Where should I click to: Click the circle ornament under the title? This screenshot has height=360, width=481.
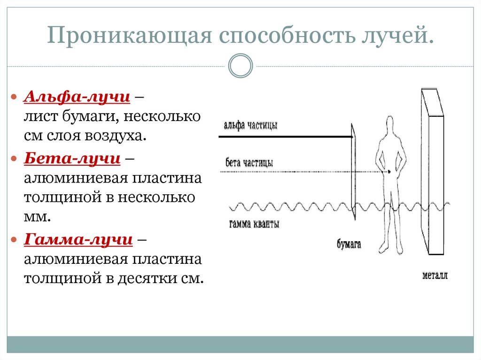(x=240, y=65)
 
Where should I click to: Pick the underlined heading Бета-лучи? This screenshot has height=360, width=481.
(x=72, y=158)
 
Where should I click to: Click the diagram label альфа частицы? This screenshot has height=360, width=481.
(x=250, y=126)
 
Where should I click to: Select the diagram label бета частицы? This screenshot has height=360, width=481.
(x=249, y=162)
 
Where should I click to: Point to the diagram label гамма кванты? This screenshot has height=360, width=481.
(x=254, y=224)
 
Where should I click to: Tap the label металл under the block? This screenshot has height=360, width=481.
(x=434, y=275)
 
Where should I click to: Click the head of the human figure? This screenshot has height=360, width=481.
(x=390, y=126)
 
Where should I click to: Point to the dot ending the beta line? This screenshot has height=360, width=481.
(x=389, y=172)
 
